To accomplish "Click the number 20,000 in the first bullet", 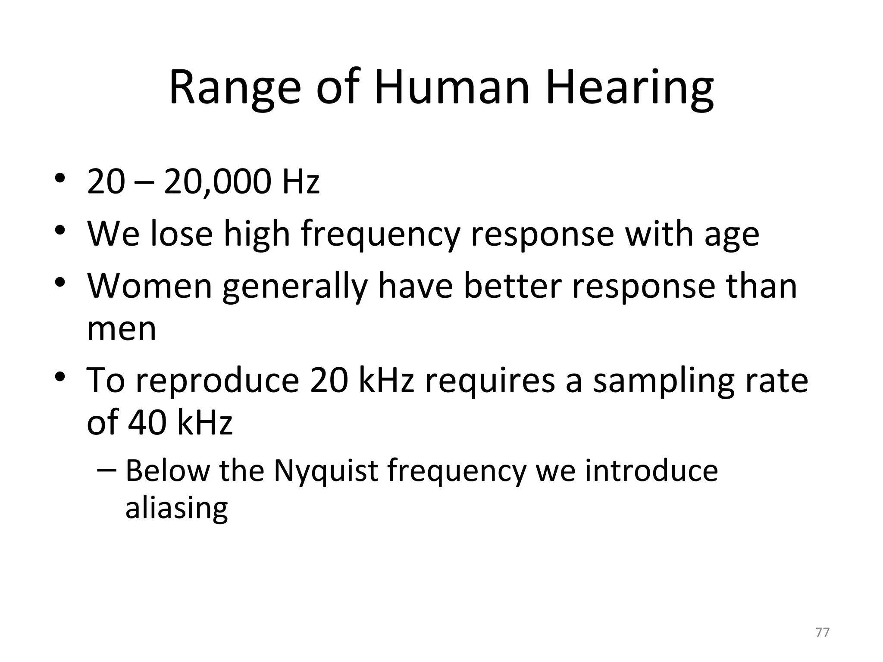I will pyautogui.click(x=217, y=181).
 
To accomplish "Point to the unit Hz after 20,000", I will pyautogui.click(x=301, y=182).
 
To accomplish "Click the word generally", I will pyautogui.click(x=295, y=288).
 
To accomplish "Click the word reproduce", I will pyautogui.click(x=217, y=381).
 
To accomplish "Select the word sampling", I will pyautogui.click(x=664, y=383).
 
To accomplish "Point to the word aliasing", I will pyautogui.click(x=176, y=509).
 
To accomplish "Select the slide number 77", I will pyautogui.click(x=822, y=633).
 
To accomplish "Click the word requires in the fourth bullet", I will pyautogui.click(x=490, y=381).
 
